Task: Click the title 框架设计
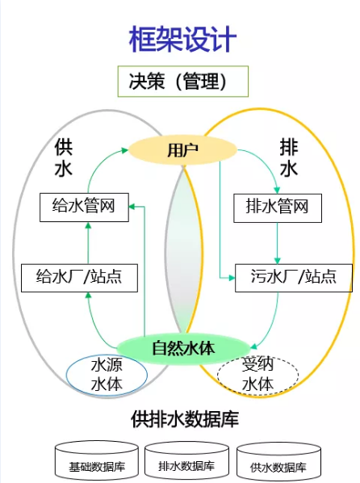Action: tap(182, 40)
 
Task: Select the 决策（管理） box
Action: tap(183, 82)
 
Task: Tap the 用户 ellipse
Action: tap(182, 150)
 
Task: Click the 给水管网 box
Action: tap(84, 208)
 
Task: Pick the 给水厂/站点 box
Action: tap(79, 278)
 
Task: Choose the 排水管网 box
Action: tap(278, 208)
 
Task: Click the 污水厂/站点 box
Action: tap(294, 278)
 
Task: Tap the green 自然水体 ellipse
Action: tap(183, 349)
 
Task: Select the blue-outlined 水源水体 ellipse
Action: tap(107, 375)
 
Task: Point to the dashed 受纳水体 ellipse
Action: tap(257, 376)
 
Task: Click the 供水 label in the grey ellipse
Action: tap(64, 157)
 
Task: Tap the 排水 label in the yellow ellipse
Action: tap(289, 157)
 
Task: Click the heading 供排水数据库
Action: tap(185, 419)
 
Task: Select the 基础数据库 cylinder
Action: tap(96, 460)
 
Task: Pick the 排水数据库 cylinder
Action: tap(186, 460)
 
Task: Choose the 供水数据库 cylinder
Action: tap(278, 460)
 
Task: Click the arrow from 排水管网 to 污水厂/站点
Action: tap(277, 243)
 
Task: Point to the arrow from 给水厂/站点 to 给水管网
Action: tap(88, 243)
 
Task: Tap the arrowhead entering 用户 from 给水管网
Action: tap(125, 150)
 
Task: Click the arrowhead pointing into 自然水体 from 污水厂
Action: tap(253, 347)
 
